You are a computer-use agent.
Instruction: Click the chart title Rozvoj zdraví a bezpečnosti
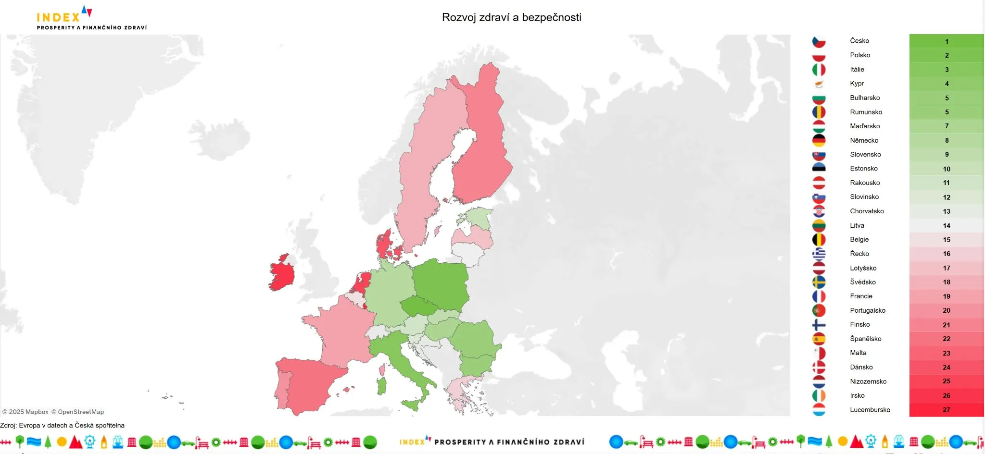point(511,17)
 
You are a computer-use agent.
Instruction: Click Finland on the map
point(481,144)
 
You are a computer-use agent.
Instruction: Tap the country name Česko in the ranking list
point(859,41)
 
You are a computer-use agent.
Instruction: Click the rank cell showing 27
point(946,410)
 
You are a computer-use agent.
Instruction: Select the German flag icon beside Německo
point(819,140)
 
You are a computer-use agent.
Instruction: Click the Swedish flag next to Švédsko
point(819,282)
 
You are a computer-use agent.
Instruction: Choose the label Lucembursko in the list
point(870,410)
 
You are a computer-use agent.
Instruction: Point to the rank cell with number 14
point(946,225)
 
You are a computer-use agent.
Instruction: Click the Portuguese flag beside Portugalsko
point(819,310)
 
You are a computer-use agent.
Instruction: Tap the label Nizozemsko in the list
point(868,381)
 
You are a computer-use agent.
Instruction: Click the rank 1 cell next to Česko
point(946,41)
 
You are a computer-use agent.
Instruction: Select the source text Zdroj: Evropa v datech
point(62,425)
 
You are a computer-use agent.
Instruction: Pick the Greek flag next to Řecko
point(819,254)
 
